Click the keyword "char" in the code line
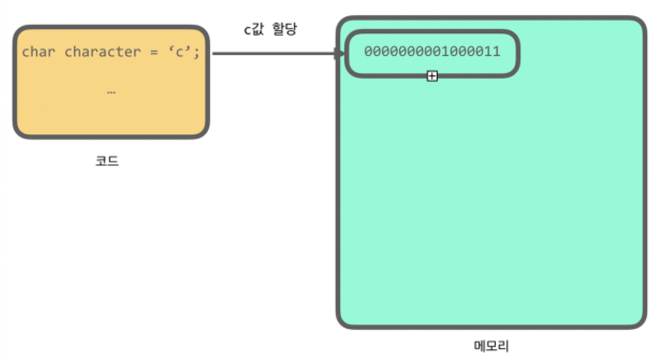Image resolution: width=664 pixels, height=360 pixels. [38, 52]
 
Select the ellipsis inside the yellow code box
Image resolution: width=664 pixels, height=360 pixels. [111, 92]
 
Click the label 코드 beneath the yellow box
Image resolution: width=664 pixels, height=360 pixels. [107, 162]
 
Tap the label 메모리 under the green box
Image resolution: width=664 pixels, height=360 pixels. [491, 346]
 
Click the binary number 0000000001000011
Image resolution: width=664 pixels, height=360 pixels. [432, 52]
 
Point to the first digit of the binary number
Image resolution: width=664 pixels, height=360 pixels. [368, 52]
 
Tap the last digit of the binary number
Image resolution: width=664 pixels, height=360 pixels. [497, 52]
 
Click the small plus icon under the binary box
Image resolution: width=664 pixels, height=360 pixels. [432, 77]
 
